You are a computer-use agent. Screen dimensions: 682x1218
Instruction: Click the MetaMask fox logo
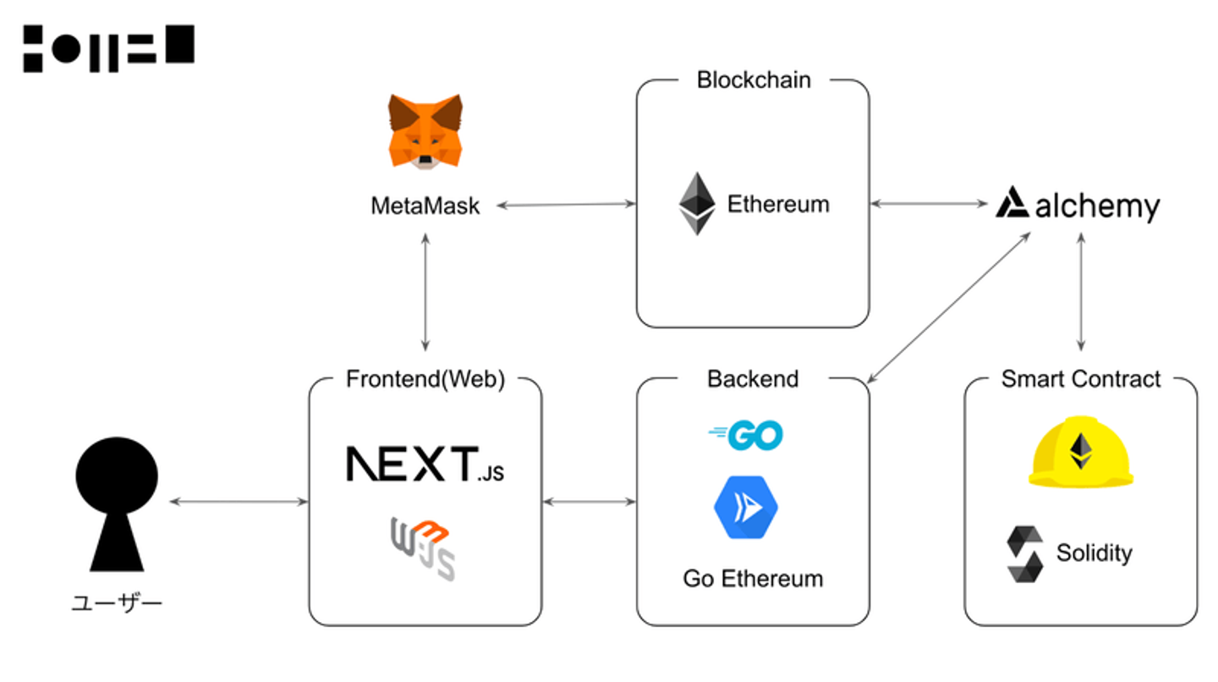tap(425, 131)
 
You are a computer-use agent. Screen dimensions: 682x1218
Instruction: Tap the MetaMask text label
tap(425, 206)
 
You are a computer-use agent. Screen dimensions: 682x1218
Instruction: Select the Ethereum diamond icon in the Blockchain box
tap(697, 204)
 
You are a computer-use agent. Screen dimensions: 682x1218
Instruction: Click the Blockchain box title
tap(754, 80)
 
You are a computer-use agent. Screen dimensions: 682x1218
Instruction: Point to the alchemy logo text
tap(1097, 206)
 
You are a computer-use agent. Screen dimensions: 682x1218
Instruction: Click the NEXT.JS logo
tap(425, 465)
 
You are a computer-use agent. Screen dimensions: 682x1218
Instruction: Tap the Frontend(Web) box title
tap(425, 380)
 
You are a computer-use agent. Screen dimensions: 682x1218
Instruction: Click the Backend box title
tap(753, 379)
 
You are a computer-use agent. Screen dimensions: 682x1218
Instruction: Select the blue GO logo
tap(746, 436)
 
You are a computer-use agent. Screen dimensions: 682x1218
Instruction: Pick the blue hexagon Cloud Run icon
tap(745, 508)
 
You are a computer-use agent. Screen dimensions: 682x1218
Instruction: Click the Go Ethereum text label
tap(753, 579)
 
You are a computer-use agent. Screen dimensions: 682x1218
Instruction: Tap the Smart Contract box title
tap(1081, 379)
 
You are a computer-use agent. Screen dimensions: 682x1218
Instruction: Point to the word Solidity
tap(1094, 553)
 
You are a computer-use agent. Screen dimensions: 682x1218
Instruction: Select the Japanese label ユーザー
tap(117, 604)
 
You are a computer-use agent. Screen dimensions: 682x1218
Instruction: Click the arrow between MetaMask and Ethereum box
tap(566, 204)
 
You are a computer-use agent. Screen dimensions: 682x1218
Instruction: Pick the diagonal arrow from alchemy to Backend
tap(949, 305)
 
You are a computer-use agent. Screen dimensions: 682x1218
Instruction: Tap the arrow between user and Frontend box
tap(239, 502)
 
